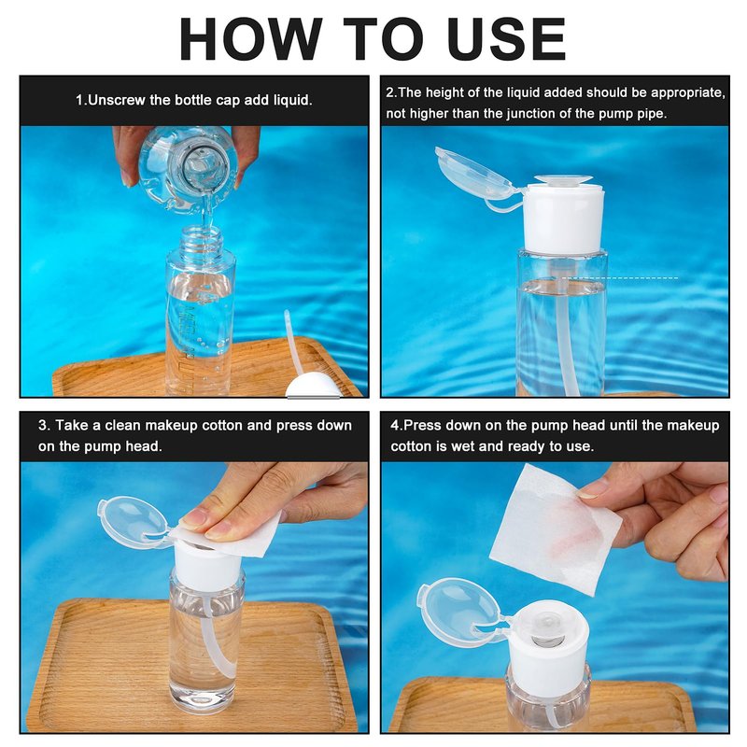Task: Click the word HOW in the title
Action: [x=251, y=38]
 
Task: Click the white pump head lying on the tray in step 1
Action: [x=312, y=386]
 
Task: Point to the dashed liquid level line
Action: [x=619, y=277]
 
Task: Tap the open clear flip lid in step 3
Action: [x=133, y=520]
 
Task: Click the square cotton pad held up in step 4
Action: [x=555, y=529]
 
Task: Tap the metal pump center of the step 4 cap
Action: [x=547, y=632]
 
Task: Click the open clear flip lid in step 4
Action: [x=458, y=610]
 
